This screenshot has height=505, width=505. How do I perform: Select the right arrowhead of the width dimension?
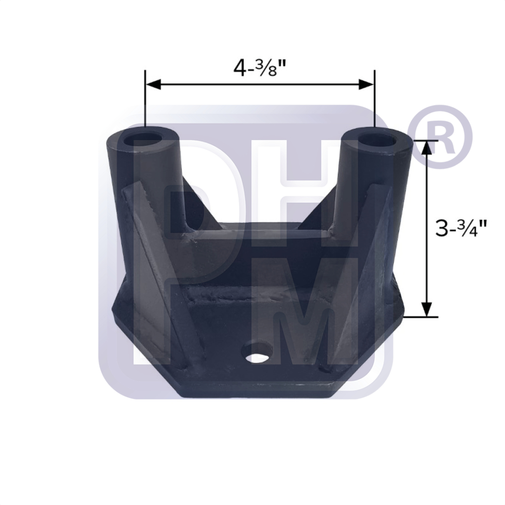(x=367, y=84)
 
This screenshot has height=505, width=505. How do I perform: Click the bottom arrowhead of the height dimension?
(x=427, y=309)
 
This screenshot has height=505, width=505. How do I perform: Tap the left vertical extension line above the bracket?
(x=145, y=101)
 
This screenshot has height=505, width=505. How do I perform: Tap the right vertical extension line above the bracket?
(x=374, y=101)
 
